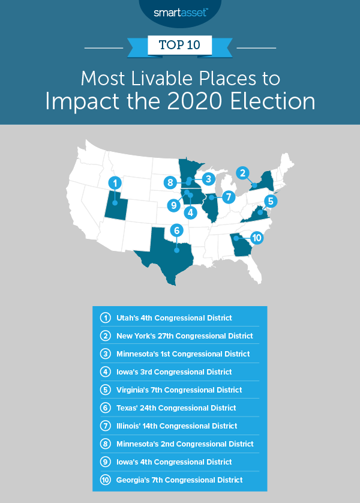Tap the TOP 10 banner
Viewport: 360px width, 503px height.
[x=180, y=44]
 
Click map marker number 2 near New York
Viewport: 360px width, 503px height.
[x=243, y=173]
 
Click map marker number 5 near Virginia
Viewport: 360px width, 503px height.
[x=271, y=201]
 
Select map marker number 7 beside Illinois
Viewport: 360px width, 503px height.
[x=228, y=196]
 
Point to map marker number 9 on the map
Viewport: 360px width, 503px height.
[x=173, y=205]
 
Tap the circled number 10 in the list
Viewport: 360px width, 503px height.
[x=104, y=480]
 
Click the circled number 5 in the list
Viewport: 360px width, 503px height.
[x=104, y=390]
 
